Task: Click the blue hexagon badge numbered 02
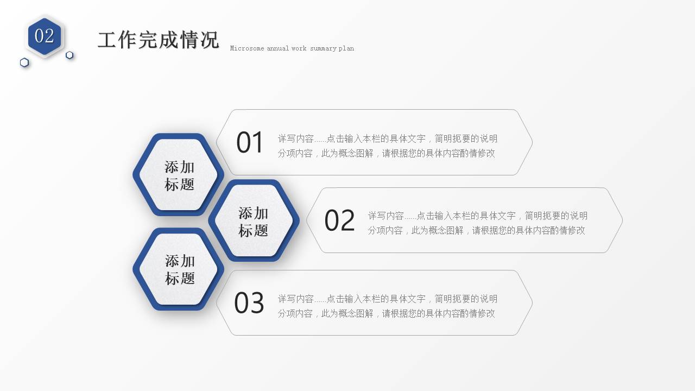coord(45,36)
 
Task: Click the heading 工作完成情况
coord(158,40)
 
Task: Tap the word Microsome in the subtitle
coord(247,48)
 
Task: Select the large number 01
coord(250,143)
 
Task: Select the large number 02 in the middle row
coord(339,221)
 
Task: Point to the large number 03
coord(249,303)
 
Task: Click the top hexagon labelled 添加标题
coord(179,175)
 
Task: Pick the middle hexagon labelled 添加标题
coord(253,221)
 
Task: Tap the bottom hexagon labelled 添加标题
coord(179,269)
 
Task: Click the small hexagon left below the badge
coord(24,62)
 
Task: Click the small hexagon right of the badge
coord(69,55)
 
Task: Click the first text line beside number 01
coord(387,138)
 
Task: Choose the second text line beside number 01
coord(386,153)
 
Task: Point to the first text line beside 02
coord(477,216)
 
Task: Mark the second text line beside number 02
coord(476,230)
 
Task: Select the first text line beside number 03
coord(387,299)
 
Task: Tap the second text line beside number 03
coord(386,313)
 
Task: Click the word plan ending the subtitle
coord(346,48)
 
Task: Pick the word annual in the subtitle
coord(277,48)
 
